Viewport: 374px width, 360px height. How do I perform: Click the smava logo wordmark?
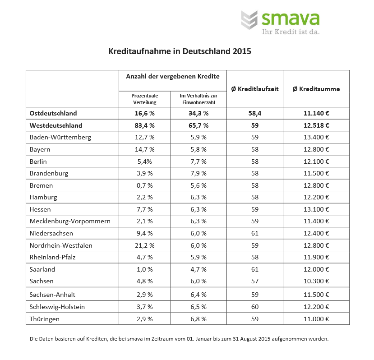click(291, 18)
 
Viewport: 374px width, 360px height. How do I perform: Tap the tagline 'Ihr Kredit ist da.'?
click(291, 32)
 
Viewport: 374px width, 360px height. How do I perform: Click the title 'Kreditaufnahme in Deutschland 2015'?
click(180, 51)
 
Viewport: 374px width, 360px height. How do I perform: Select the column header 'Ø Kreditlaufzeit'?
click(255, 89)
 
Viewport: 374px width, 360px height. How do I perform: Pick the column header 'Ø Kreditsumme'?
click(316, 89)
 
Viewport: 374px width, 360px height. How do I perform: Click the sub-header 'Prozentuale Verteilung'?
click(145, 99)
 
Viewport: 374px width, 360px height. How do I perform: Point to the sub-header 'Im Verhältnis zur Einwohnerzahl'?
click(199, 99)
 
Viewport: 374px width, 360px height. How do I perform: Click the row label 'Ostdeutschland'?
click(53, 113)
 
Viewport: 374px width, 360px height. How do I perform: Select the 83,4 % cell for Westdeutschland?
click(145, 125)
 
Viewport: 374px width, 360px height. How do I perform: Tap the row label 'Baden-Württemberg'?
click(60, 137)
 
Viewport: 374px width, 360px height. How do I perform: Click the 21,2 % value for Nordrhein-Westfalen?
click(145, 245)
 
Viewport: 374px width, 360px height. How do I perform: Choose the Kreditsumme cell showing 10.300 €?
click(316, 281)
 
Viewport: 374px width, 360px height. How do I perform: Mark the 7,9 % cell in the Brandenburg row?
click(199, 173)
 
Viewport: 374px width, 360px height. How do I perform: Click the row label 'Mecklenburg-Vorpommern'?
click(70, 221)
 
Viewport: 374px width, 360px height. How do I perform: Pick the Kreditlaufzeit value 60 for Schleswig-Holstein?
click(254, 307)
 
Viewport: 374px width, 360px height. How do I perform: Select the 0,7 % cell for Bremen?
click(145, 185)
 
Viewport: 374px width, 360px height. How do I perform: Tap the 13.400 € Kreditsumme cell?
click(316, 137)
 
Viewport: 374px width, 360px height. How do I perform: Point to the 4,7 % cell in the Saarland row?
click(199, 269)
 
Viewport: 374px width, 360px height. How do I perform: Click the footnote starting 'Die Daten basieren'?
click(179, 338)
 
